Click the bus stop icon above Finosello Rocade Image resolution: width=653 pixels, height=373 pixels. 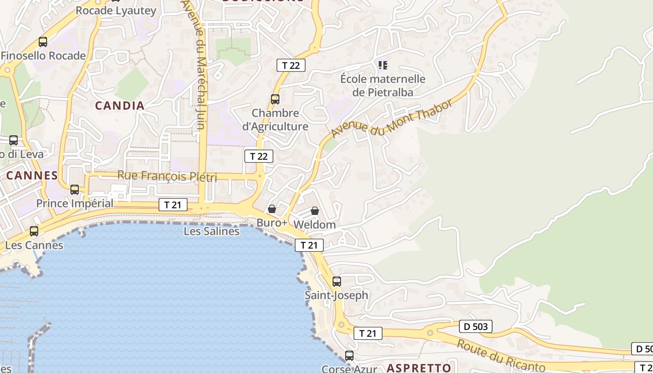click(x=43, y=42)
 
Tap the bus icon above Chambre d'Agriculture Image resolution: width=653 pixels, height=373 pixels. click(x=275, y=99)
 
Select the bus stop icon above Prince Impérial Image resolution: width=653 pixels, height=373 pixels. click(x=75, y=190)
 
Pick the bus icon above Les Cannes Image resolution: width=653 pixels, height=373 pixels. click(x=34, y=231)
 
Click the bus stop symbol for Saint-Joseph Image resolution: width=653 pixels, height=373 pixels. click(x=337, y=282)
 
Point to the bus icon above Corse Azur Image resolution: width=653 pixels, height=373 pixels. click(x=349, y=355)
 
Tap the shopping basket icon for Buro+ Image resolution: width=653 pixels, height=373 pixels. click(x=272, y=209)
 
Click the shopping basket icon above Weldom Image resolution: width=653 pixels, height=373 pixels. click(x=315, y=211)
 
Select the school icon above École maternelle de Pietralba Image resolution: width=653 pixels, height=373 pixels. click(x=383, y=65)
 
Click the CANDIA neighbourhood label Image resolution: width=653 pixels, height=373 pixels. click(x=120, y=106)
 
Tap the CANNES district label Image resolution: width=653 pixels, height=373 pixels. click(x=32, y=176)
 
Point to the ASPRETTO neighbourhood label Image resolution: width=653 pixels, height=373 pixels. click(x=419, y=368)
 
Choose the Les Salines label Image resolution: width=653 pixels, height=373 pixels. click(x=211, y=231)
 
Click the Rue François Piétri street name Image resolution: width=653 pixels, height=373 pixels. click(x=167, y=176)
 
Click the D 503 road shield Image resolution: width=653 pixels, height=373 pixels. click(x=476, y=326)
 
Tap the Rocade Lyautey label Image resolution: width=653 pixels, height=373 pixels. click(x=116, y=11)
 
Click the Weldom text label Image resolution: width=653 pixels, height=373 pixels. click(x=314, y=225)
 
